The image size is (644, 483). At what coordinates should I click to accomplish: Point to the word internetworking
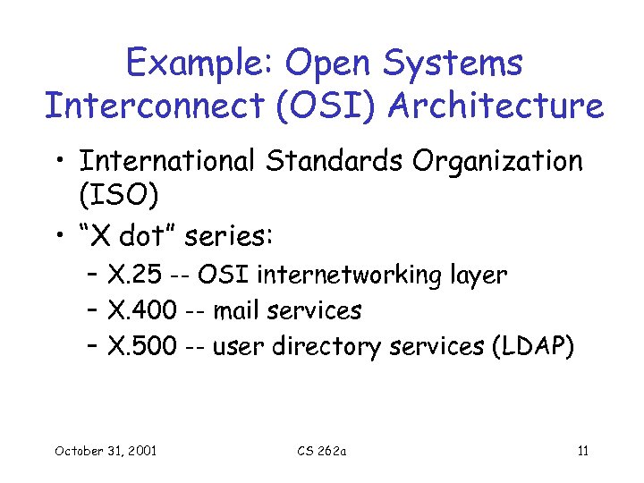click(x=366, y=275)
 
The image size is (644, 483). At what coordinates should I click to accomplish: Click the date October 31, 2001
click(x=105, y=450)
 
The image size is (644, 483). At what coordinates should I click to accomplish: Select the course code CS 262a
click(x=322, y=450)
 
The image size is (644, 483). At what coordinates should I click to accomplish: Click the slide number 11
click(x=582, y=450)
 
